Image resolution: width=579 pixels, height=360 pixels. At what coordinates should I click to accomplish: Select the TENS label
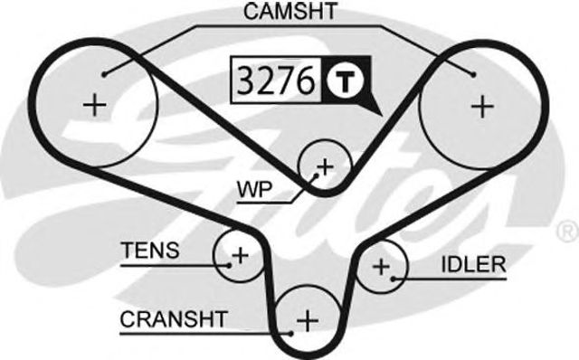point(148,250)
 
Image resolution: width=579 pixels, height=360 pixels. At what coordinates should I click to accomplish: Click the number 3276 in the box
point(275,81)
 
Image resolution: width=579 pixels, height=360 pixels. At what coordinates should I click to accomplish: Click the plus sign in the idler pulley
point(382,267)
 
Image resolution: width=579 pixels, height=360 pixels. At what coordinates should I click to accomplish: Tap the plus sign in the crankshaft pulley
point(308,319)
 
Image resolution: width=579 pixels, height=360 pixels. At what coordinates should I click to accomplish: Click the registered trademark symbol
point(569,226)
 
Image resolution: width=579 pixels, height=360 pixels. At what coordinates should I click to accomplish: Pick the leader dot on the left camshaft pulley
point(105,72)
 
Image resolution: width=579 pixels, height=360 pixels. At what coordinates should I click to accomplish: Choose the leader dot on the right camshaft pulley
point(471,72)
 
